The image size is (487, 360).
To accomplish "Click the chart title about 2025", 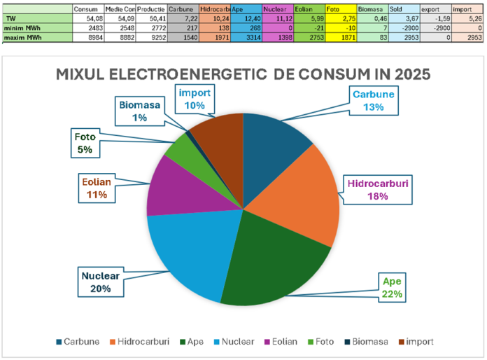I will coord(243,74).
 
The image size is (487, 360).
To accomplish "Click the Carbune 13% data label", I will coord(372,100).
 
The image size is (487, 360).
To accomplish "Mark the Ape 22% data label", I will coord(391,287).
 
